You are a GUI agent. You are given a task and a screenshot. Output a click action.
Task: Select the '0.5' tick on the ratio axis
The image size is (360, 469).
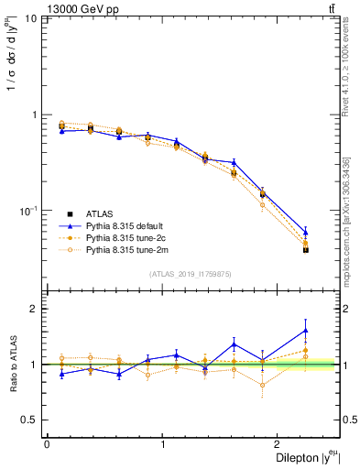(30, 420)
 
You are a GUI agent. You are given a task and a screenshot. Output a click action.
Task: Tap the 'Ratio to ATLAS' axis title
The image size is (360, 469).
(12, 364)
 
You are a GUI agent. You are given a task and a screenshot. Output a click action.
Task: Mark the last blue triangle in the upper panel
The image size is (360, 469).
(306, 232)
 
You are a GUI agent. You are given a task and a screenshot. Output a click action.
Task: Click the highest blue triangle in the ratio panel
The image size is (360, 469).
(306, 331)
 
